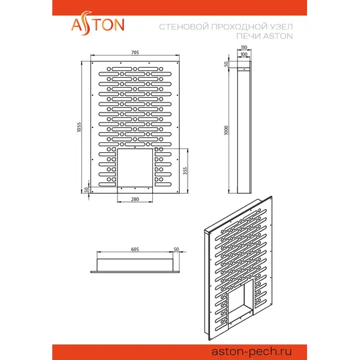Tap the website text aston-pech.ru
[251, 351]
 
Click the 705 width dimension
[135, 52]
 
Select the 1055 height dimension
[79, 127]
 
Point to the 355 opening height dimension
[185, 170]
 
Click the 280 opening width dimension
[135, 199]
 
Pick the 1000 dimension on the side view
[227, 130]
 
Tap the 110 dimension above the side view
[244, 47]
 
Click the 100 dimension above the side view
[244, 54]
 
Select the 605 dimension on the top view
[135, 249]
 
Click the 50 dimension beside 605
[176, 249]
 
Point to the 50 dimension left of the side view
[227, 64]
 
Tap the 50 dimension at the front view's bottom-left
[86, 190]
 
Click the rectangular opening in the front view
[135, 168]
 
